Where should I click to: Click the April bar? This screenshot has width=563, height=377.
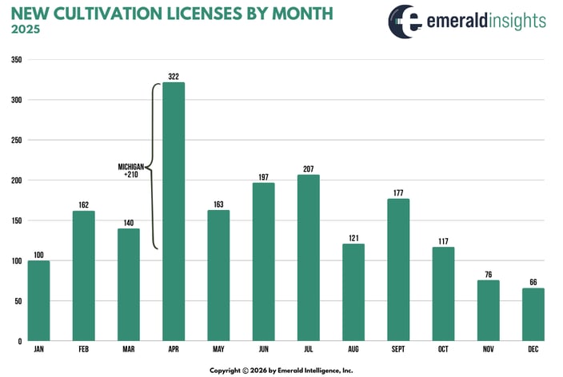pos(174,212)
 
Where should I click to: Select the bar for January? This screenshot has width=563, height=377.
pos(38,300)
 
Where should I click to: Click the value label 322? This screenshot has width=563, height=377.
pos(174,76)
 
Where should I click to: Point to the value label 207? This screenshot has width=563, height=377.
pos(308,169)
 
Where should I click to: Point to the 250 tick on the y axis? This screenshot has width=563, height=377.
pos(16,140)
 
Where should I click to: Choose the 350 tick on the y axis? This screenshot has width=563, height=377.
pos(16,60)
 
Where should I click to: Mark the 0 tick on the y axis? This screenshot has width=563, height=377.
pos(18,341)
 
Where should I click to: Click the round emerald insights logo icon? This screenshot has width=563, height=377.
pos(406,21)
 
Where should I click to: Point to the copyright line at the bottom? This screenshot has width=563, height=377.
pos(281,370)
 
